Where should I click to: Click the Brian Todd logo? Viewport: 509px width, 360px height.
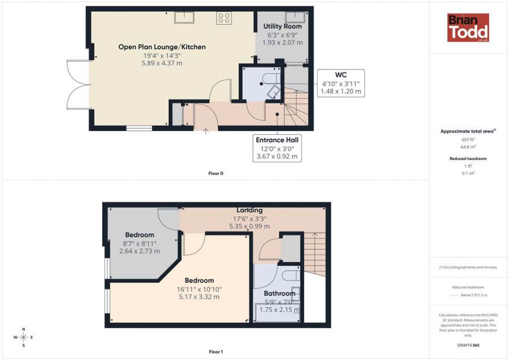[x=468, y=28]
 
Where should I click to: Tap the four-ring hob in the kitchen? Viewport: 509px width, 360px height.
[x=223, y=18]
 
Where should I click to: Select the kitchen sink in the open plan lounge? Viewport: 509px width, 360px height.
[x=184, y=18]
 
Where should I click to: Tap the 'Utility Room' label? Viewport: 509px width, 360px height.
[x=284, y=26]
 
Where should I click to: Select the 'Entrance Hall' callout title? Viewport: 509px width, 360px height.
[x=277, y=139]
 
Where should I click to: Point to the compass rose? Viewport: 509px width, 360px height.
[x=23, y=337]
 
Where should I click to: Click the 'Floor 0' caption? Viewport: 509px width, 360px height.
[x=215, y=173]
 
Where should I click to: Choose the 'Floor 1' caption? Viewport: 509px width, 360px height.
[x=215, y=352]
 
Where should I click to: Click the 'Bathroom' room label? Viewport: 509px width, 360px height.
[x=279, y=293]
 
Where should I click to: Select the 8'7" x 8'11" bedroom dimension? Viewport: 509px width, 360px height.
[x=139, y=243]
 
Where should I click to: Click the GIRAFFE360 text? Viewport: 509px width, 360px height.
[x=468, y=345]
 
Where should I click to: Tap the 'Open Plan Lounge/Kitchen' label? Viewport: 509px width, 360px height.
[x=162, y=47]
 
